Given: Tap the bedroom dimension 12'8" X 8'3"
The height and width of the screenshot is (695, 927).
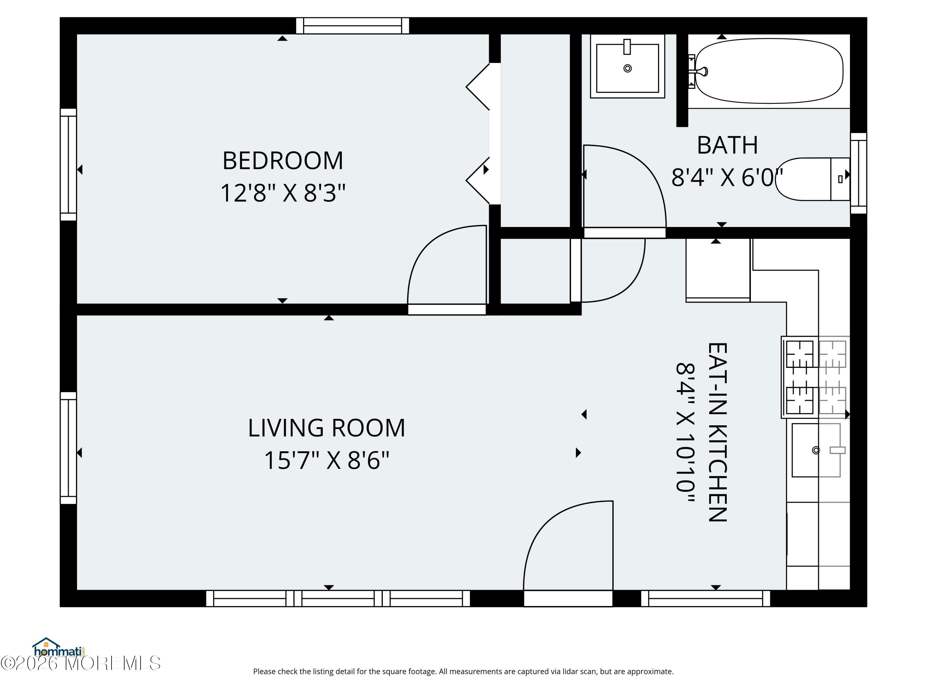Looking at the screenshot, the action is pos(283,193).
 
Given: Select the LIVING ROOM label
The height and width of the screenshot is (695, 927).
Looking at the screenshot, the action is pos(327,428).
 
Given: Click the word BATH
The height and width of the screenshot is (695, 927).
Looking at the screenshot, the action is pos(727,145).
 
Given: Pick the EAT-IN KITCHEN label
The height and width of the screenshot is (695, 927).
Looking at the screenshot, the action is pos(717,432).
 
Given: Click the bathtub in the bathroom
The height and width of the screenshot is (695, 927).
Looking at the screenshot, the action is pos(769,71).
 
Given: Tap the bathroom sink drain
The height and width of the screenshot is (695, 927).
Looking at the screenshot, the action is pos(627,68).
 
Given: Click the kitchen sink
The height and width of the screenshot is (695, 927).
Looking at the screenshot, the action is pos(816,450).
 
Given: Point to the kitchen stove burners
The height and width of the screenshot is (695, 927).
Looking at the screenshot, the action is pos(815,377).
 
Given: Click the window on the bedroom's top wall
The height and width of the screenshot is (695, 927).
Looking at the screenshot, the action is pos(353,26).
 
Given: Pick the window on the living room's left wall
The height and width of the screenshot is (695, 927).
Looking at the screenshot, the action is pos(68,448).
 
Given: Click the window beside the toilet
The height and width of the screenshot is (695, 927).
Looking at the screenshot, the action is pos(858,173).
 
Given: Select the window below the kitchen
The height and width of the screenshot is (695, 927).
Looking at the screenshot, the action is pos(706,598).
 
